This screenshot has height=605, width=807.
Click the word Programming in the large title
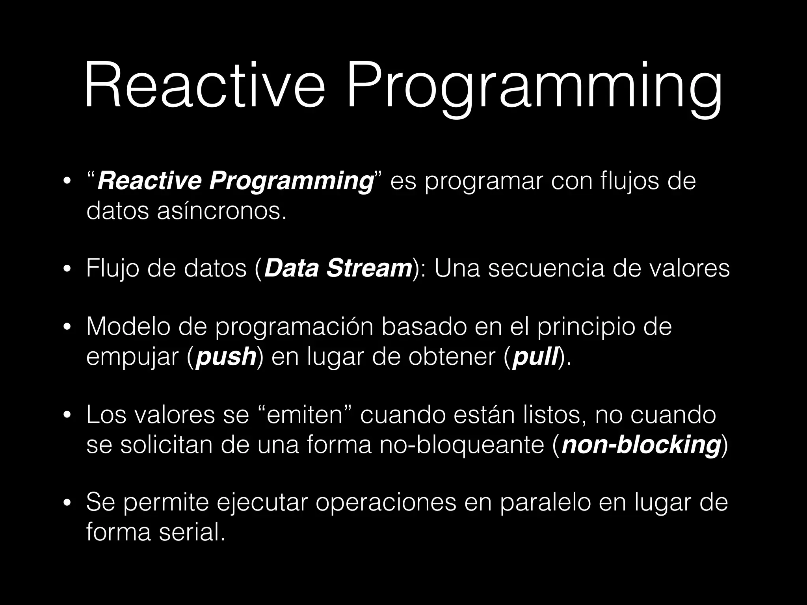[534, 89]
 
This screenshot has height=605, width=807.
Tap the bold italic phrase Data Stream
[338, 269]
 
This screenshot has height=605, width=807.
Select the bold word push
[226, 357]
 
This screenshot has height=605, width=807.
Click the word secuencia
[546, 269]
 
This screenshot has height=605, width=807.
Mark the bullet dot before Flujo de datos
[67, 269]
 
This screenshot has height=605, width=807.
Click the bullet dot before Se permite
[67, 503]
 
